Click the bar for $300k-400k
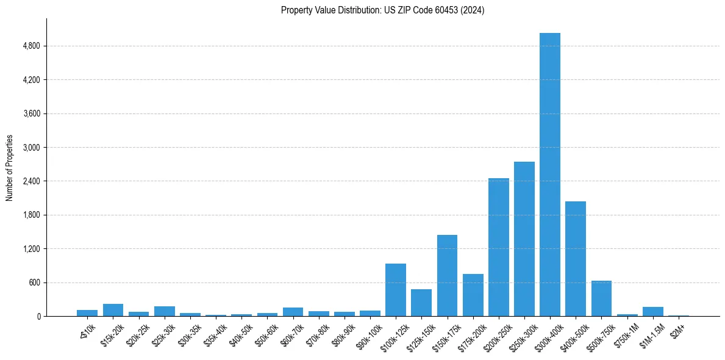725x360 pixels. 550,175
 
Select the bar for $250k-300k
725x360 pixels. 524,239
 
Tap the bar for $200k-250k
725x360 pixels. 499,247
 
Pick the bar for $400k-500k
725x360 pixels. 576,259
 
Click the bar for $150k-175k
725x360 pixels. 447,276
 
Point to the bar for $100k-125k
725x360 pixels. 396,290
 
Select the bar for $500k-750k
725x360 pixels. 601,298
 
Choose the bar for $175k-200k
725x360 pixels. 473,295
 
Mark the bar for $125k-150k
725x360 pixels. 421,303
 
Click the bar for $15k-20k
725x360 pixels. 113,310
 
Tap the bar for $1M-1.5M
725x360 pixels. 652,312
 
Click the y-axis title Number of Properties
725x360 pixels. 9,168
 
